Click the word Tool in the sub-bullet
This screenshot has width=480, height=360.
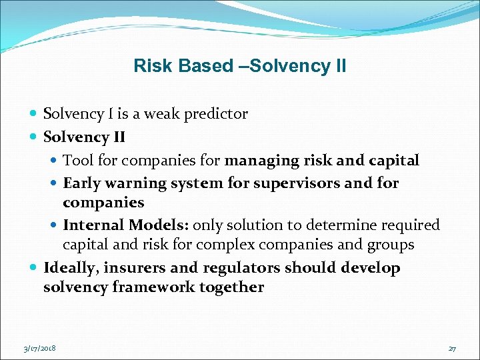77,160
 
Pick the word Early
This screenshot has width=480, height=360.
81,183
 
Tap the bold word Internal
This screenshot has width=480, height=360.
93,225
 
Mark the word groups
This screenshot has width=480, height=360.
390,245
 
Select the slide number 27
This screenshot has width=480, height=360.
452,348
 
